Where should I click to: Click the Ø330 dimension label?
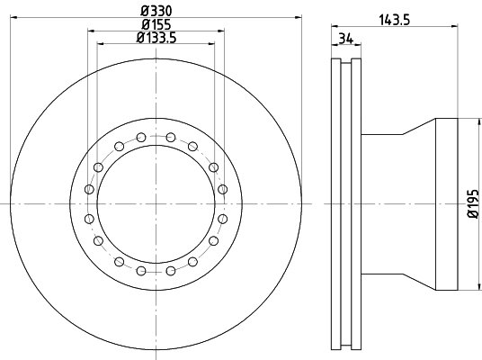[x=156, y=12]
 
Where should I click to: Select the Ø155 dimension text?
[x=156, y=24]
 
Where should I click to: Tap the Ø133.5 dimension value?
[x=156, y=38]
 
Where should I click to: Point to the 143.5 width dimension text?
[x=395, y=21]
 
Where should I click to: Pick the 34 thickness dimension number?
[x=345, y=39]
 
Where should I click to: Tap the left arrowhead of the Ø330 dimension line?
[x=13, y=17]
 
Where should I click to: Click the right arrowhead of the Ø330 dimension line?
[x=299, y=17]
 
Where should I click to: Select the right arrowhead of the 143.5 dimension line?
[x=454, y=27]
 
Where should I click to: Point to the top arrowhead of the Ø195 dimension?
[x=479, y=121]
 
